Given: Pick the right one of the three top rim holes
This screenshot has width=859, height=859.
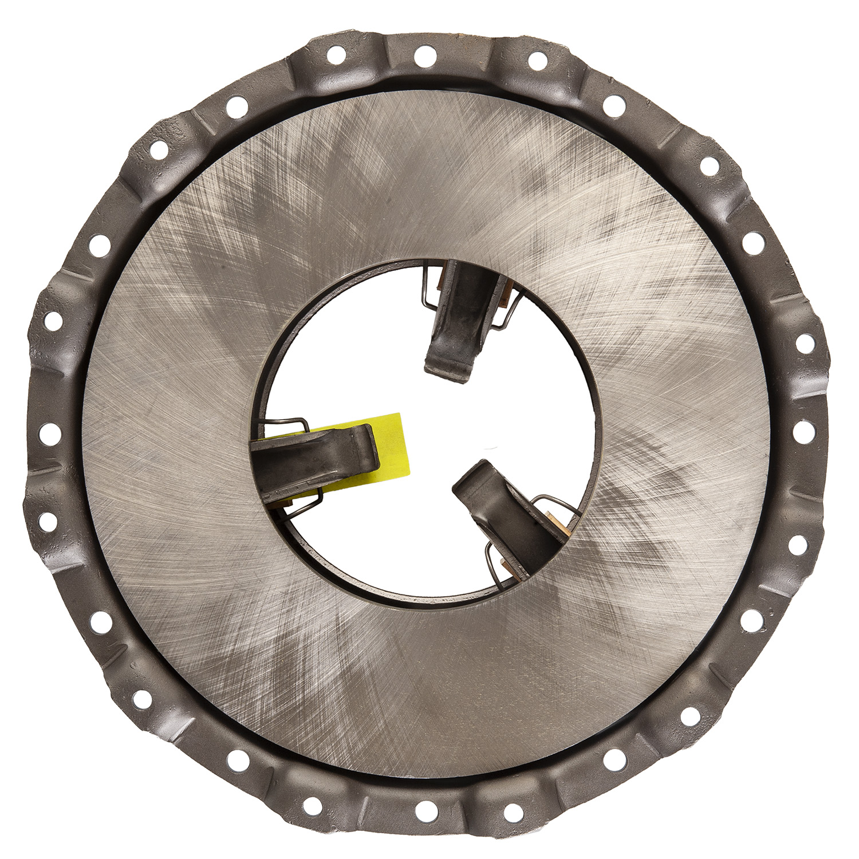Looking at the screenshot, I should point(537,60).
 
